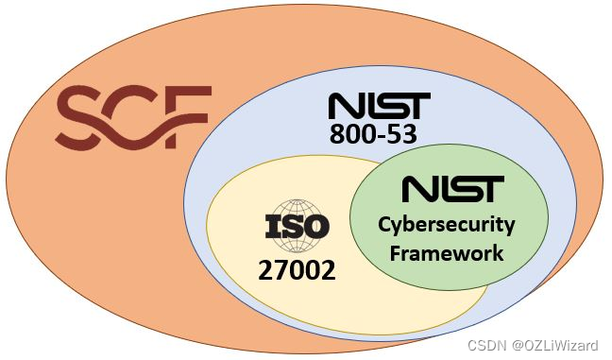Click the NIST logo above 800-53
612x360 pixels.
pos(379,106)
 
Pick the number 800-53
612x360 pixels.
pos(373,134)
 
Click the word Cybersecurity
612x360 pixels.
pos(447,225)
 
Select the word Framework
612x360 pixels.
pos(447,252)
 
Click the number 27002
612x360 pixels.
pos(297,271)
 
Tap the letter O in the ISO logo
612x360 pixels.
pos(315,227)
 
